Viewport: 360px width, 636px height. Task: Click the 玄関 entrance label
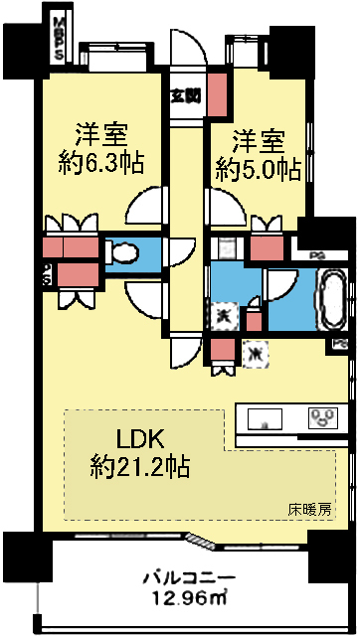[x=184, y=96]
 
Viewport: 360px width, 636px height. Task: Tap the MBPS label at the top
[x=59, y=38]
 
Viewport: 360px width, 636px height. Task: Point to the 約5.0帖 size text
[x=258, y=169]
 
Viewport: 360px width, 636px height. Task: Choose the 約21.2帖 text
[x=139, y=464]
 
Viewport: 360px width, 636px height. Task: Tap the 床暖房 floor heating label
[x=309, y=510]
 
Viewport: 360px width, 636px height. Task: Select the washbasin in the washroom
[x=225, y=249]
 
